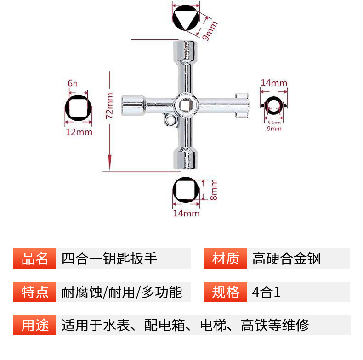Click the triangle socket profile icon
[187, 19]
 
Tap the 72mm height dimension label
[109, 106]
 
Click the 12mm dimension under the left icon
[79, 132]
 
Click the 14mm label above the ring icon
[274, 83]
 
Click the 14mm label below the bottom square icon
[186, 213]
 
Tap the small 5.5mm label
[274, 123]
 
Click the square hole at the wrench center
[186, 105]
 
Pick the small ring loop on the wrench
[170, 121]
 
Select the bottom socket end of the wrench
[186, 159]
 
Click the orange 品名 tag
[35, 259]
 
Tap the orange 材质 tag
[226, 259]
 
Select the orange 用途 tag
[35, 325]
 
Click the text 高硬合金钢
[286, 259]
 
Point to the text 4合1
[266, 292]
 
